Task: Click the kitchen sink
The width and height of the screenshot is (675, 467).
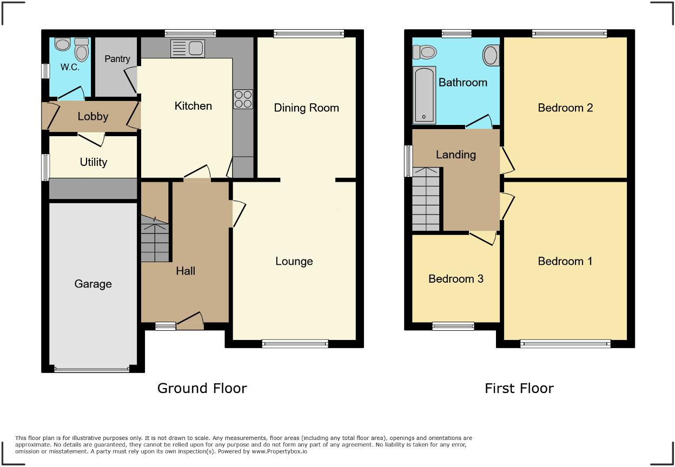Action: tap(187, 49)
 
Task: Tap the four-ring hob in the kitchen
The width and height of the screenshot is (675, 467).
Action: tap(243, 99)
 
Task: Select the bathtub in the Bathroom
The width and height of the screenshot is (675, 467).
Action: tap(425, 95)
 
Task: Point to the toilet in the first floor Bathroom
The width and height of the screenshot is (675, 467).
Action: tap(425, 52)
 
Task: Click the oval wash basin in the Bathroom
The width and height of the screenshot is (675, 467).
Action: tap(491, 55)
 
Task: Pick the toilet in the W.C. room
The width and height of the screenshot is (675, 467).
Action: tap(81, 50)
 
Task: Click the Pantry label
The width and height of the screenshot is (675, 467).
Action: tap(117, 59)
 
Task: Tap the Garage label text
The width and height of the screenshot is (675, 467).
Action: tap(93, 284)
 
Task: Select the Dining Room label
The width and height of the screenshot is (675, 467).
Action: tap(306, 108)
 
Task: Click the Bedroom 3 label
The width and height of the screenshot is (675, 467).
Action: tap(455, 279)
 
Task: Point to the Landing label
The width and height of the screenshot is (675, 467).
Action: tap(455, 155)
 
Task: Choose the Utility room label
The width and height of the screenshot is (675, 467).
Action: tap(93, 162)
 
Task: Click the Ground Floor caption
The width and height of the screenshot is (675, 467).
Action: tap(202, 388)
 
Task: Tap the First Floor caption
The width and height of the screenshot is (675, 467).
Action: tap(519, 388)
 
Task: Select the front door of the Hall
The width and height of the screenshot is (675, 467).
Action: tap(190, 325)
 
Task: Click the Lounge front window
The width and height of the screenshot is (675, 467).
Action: tap(295, 343)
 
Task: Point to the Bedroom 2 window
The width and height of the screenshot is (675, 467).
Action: tap(569, 34)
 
